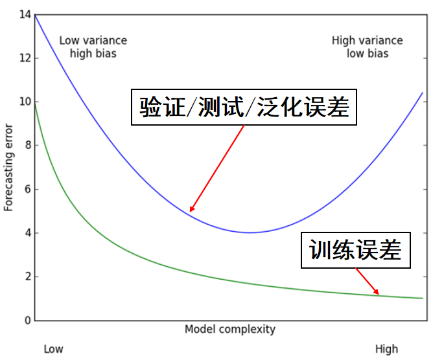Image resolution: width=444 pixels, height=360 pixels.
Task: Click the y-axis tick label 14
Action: click(25, 14)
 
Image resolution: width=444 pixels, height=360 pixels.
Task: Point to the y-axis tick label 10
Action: click(25, 102)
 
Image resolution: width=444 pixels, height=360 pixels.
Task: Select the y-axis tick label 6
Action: click(28, 189)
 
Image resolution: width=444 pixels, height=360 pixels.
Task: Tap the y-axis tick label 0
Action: click(28, 320)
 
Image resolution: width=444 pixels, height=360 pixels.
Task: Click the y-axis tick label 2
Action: click(28, 276)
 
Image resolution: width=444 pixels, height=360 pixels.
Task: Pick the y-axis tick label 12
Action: click(25, 58)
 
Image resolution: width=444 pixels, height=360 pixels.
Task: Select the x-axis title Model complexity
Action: click(230, 329)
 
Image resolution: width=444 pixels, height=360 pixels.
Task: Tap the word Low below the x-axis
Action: click(53, 349)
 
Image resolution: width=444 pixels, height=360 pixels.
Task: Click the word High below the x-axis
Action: click(386, 349)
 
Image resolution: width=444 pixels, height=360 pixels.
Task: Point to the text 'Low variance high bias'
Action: click(93, 47)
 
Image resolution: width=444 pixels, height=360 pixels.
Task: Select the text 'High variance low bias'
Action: click(367, 47)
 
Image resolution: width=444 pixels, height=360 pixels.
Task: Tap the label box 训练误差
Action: click(355, 250)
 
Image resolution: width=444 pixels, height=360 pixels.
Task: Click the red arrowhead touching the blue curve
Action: click(191, 210)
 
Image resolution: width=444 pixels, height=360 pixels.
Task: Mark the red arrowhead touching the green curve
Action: click(377, 292)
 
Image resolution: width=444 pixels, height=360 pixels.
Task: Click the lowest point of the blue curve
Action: click(250, 232)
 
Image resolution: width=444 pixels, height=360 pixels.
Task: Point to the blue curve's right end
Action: click(423, 93)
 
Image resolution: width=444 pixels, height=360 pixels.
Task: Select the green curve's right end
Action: click(423, 298)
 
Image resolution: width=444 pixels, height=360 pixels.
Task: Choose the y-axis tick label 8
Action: click(28, 146)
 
